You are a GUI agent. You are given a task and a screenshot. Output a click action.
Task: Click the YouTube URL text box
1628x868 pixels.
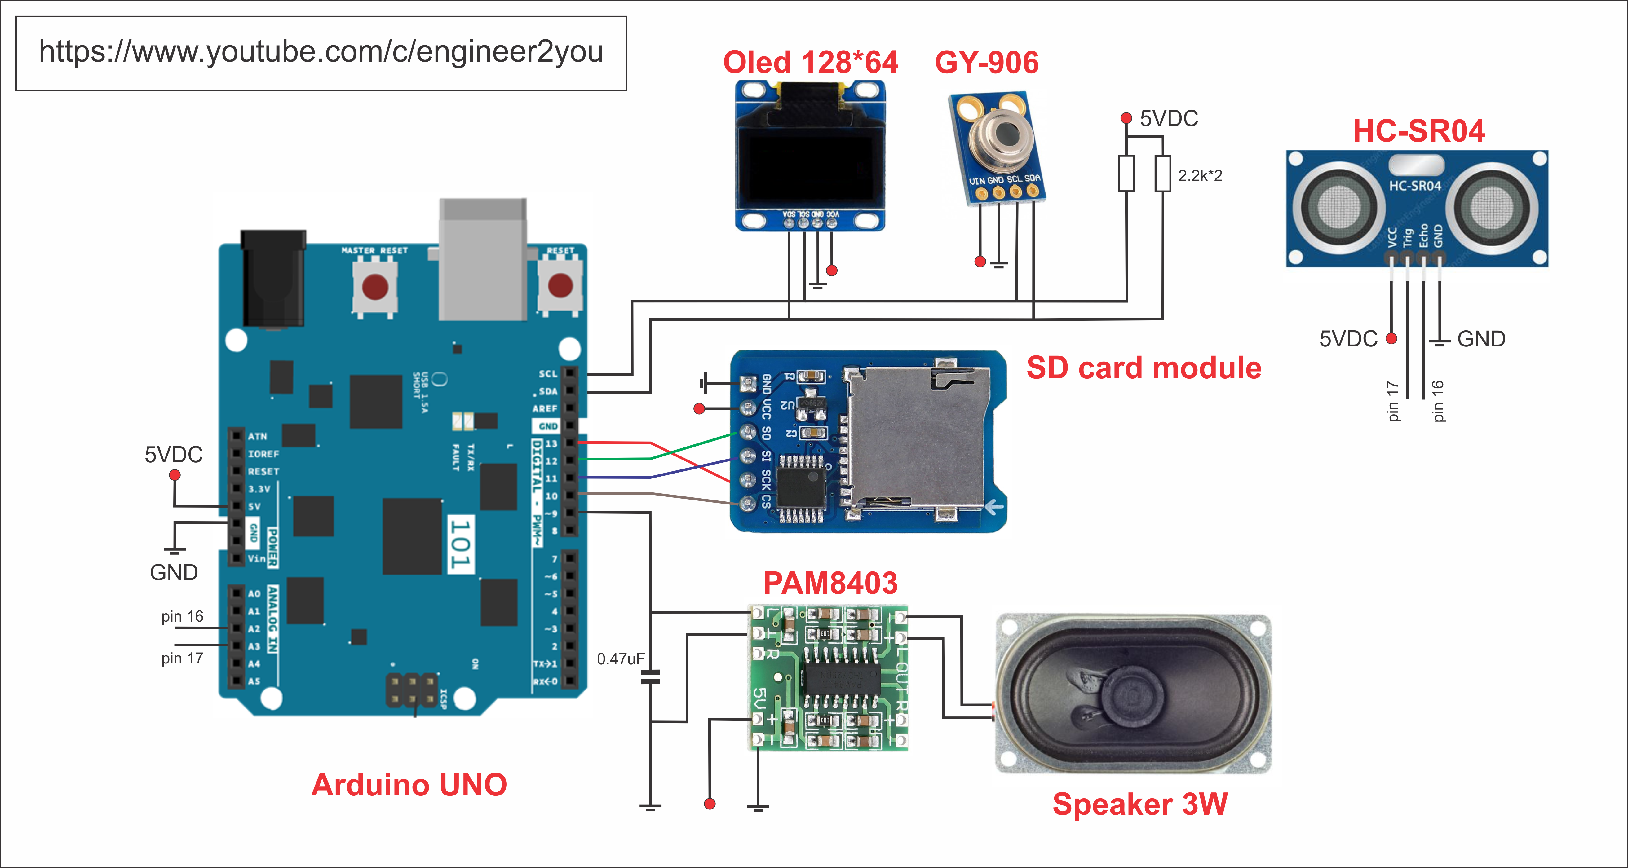[x=321, y=53]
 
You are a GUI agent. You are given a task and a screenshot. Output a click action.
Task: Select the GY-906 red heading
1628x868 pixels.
[x=987, y=63]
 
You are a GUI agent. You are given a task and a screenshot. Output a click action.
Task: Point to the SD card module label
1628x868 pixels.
[x=1143, y=368]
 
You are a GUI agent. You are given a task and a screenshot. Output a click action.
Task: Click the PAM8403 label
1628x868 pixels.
[x=830, y=583]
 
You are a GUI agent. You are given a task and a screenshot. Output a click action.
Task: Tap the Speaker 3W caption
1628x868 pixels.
[x=1139, y=804]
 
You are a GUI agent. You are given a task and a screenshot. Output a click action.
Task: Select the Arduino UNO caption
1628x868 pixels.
[x=409, y=785]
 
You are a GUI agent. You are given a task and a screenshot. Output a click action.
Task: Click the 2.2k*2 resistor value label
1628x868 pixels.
[x=1200, y=176]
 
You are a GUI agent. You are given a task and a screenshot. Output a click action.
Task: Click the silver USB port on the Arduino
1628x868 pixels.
[x=483, y=259]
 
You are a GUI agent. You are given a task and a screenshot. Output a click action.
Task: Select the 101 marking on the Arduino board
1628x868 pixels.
[x=460, y=543]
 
